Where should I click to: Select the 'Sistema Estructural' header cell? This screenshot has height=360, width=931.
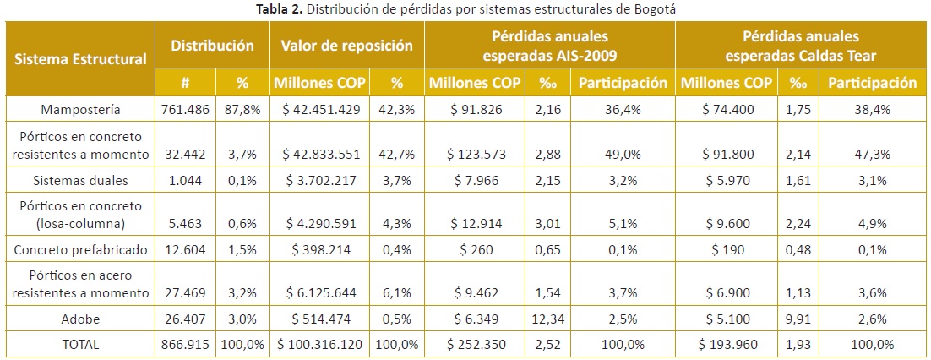point(81,59)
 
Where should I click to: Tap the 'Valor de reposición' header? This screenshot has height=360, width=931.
point(346,46)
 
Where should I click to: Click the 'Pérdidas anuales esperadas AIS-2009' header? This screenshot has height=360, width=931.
point(549,46)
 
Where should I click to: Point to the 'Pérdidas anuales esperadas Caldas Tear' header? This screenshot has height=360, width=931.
point(800,46)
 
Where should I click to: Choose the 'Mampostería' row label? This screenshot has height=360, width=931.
point(81,110)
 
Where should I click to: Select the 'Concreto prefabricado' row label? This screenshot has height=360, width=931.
point(81,250)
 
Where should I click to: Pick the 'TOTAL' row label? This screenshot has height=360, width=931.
point(81,345)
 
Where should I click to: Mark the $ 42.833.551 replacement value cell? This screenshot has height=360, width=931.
point(319,154)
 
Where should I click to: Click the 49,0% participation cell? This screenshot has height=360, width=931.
point(623,154)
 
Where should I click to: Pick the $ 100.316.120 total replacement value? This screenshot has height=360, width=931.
point(319,345)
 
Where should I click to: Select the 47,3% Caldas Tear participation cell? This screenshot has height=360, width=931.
point(872,154)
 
